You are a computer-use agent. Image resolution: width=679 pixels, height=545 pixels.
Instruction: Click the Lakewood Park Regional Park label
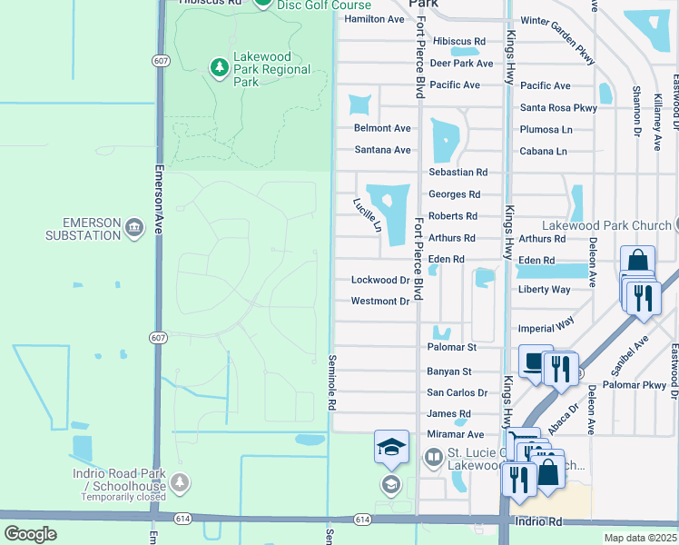point(271,69)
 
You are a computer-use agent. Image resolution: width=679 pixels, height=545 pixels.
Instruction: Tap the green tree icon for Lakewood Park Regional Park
point(218,67)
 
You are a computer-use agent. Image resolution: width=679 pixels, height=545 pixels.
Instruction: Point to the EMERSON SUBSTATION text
point(79,229)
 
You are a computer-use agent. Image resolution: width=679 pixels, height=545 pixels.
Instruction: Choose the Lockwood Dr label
point(379,280)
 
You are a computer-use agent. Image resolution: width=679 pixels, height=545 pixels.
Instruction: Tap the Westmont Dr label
point(379,301)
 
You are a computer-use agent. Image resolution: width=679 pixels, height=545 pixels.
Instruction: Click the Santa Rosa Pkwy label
point(558,107)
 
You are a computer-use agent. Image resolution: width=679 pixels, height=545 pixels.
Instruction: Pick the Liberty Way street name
point(545,289)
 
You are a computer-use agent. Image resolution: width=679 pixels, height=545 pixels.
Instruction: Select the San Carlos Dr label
point(457,392)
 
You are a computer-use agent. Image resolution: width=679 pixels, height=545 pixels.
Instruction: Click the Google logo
point(30,533)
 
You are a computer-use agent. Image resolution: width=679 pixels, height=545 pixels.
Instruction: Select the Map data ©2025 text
point(639,538)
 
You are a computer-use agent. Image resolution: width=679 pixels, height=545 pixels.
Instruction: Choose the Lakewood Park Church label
point(605,224)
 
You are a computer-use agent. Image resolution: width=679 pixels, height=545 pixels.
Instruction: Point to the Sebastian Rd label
point(458,172)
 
